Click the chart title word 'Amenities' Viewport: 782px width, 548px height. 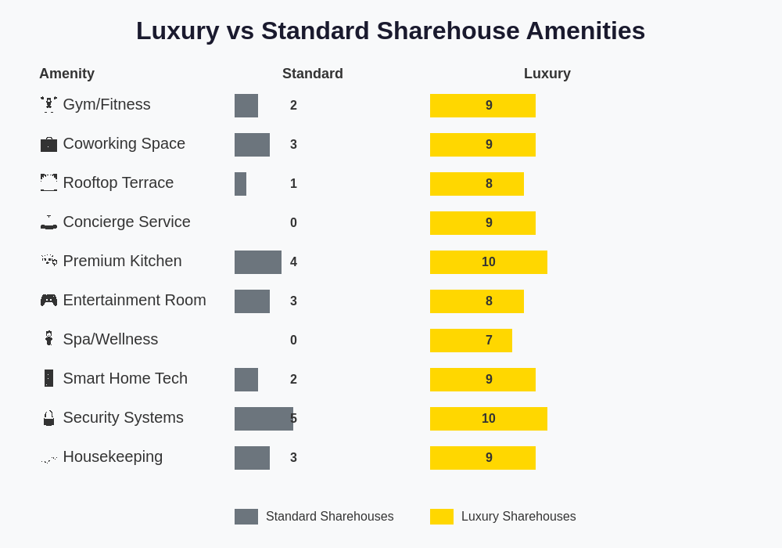tap(585, 31)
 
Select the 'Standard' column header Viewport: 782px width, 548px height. tap(312, 74)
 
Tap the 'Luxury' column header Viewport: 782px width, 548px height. tap(547, 74)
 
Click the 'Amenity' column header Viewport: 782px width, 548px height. tap(66, 74)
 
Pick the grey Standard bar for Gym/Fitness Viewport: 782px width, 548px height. tap(246, 106)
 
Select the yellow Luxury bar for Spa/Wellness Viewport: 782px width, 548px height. tap(471, 341)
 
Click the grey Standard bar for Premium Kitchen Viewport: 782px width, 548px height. tap(258, 262)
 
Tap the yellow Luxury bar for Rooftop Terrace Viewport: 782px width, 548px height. tap(477, 184)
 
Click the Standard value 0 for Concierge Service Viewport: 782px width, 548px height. tap(293, 223)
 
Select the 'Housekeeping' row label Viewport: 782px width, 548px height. tap(113, 456)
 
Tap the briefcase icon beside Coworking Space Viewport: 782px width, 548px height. tap(48, 144)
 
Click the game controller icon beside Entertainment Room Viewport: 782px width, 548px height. tap(48, 301)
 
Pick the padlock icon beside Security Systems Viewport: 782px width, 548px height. tap(48, 418)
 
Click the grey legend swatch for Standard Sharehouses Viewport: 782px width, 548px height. tap(246, 517)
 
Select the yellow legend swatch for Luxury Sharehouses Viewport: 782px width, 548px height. tap(442, 517)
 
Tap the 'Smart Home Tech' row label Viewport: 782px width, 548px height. tap(125, 378)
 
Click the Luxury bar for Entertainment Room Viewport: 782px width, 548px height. tap(477, 301)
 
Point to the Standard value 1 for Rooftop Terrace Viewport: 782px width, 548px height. tap(293, 184)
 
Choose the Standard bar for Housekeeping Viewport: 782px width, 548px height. tap(252, 458)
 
